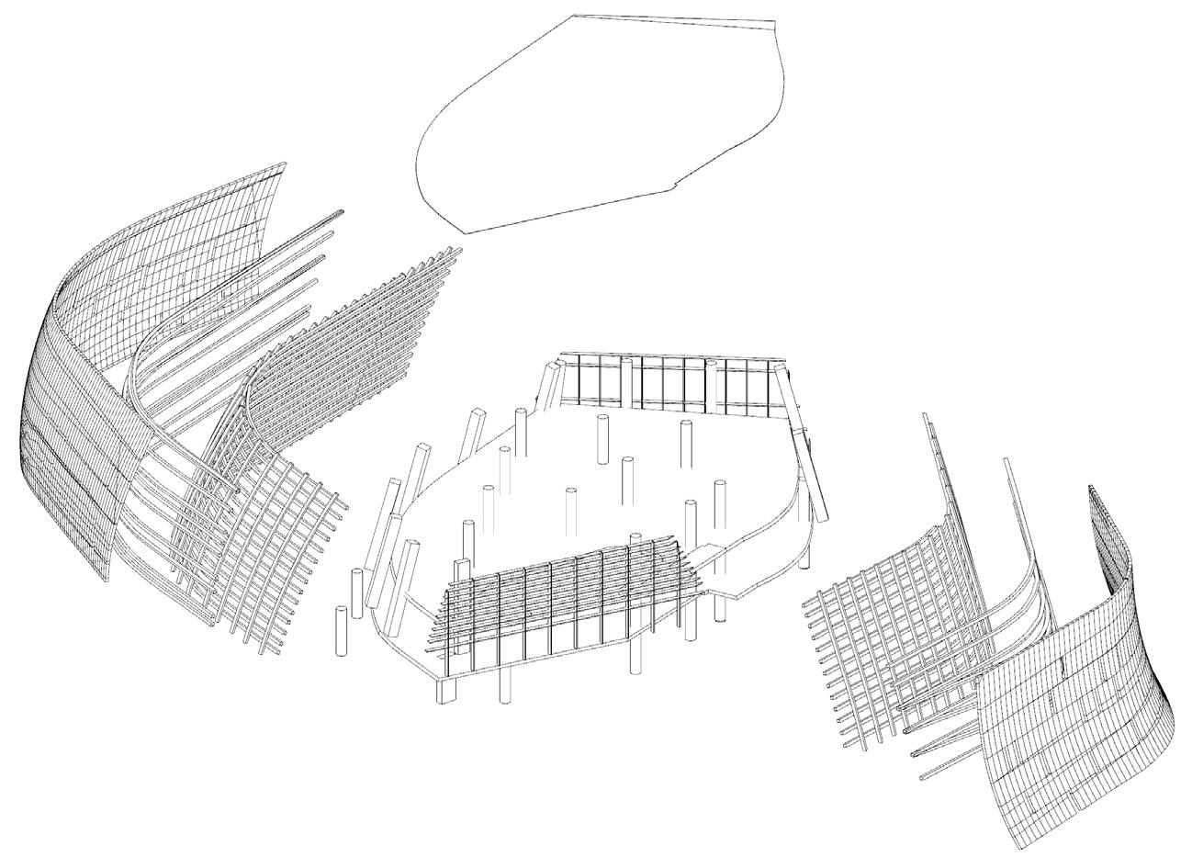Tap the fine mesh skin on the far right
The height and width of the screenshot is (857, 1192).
click(x=1074, y=680)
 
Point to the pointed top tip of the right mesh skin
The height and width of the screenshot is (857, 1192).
click(x=1092, y=489)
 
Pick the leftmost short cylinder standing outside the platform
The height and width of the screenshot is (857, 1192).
click(x=343, y=629)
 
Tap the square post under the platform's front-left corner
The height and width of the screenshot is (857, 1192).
click(x=446, y=690)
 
